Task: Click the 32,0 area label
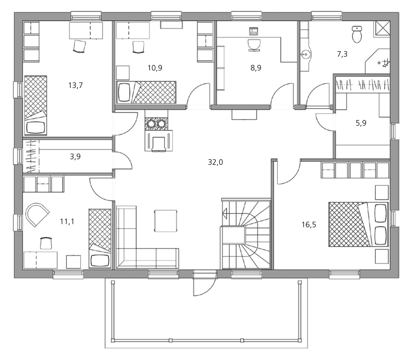pos(215,162)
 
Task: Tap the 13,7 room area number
pos(75,85)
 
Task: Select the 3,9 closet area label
pos(75,157)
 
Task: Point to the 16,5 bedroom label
pos(309,225)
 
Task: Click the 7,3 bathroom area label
pos(342,54)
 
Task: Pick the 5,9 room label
pos(361,123)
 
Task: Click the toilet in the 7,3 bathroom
pos(357,34)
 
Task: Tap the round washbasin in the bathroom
pos(306,55)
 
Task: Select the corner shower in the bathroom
pos(377,61)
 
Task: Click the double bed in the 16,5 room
pos(358,224)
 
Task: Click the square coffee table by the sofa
pos(166,221)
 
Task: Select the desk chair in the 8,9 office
pos(254,45)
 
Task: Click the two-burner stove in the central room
pos(156,123)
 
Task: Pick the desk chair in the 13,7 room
pos(79,47)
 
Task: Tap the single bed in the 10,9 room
pos(146,92)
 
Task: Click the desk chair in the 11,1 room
pos(46,243)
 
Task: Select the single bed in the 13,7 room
pos(35,106)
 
